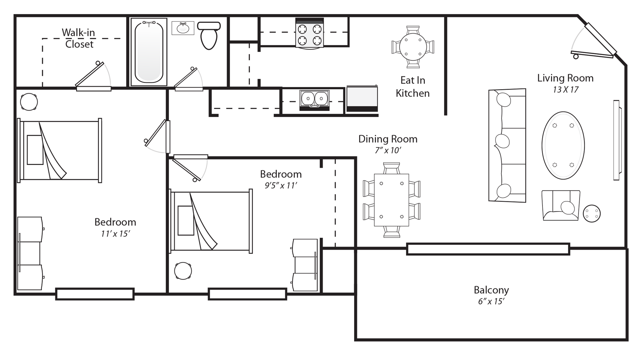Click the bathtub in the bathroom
149,51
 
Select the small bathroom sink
183,29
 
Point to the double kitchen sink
314,99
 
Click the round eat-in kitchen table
413,47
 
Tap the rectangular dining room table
391,200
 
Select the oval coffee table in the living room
563,145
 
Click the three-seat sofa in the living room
507,145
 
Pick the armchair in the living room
561,205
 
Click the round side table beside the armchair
592,214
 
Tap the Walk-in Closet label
78,38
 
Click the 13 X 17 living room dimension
565,90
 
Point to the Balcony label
491,290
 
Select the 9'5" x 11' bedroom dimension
281,186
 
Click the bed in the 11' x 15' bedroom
60,150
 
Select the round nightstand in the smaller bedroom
183,270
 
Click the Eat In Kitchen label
413,87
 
